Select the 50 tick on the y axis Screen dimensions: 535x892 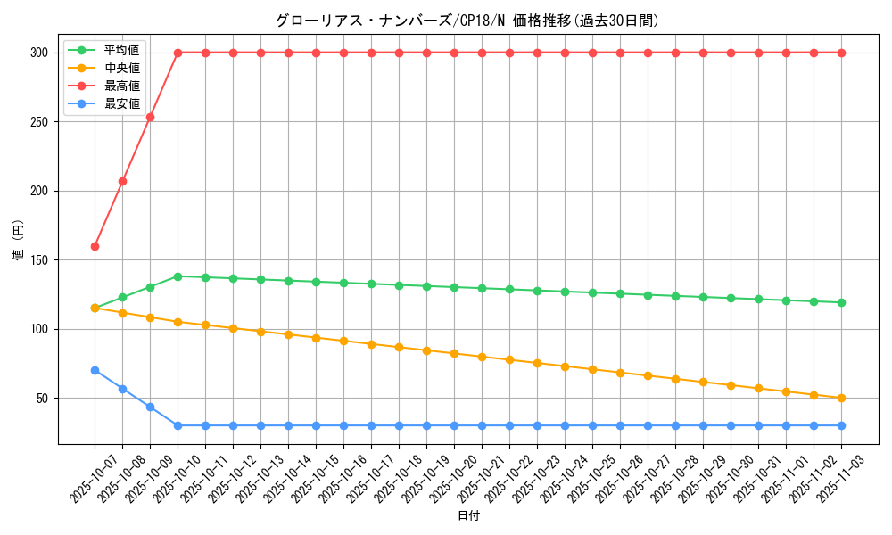pyautogui.click(x=40, y=399)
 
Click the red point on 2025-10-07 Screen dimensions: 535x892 pyautogui.click(x=95, y=246)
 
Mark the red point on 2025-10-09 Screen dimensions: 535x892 pyautogui.click(x=150, y=117)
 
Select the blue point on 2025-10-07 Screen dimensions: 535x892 pyautogui.click(x=95, y=370)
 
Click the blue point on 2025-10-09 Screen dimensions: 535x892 pyautogui.click(x=150, y=407)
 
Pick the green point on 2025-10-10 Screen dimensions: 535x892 pyautogui.click(x=178, y=276)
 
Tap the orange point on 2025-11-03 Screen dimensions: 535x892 pyautogui.click(x=841, y=398)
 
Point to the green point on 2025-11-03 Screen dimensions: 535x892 pyautogui.click(x=841, y=302)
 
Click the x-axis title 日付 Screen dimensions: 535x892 pyautogui.click(x=468, y=516)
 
